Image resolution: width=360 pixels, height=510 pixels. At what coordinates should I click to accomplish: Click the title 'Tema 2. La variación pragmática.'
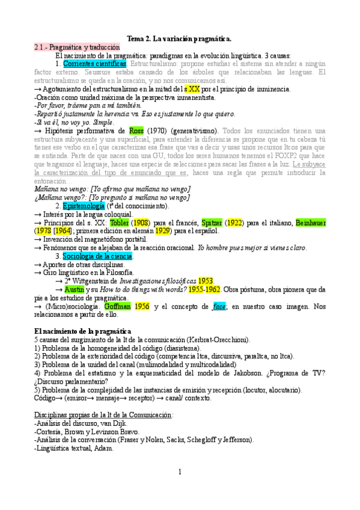180,38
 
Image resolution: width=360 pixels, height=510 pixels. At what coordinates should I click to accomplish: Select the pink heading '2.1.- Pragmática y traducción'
76,47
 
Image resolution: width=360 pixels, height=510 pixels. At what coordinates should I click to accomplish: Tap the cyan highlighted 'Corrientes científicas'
94,63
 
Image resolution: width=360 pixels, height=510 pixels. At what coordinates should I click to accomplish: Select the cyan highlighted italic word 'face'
219,307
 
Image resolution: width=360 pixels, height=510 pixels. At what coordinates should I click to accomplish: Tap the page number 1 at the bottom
180,472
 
